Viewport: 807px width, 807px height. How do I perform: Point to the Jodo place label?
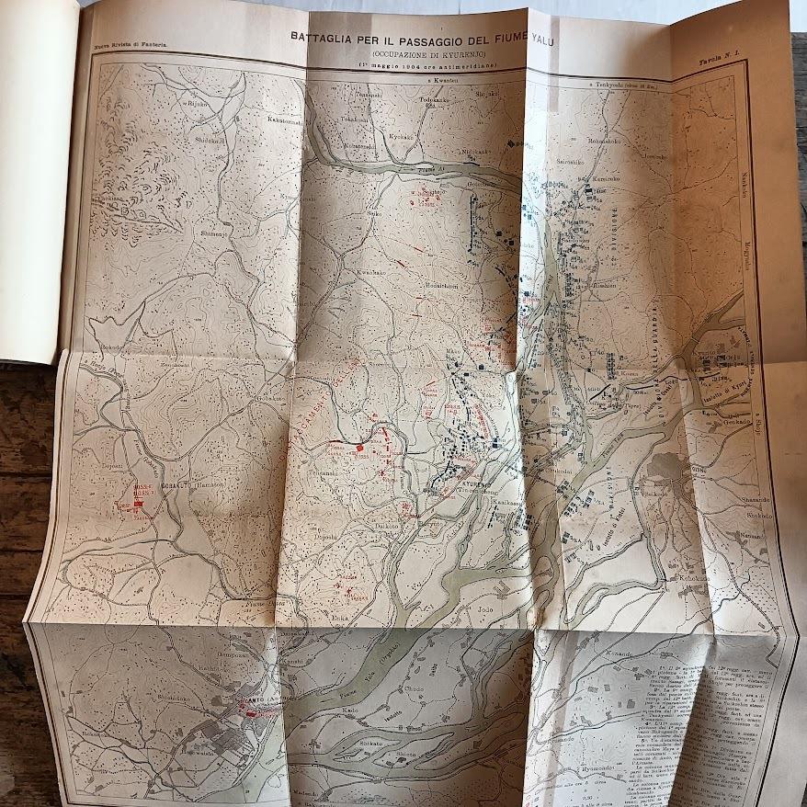tap(485, 609)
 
